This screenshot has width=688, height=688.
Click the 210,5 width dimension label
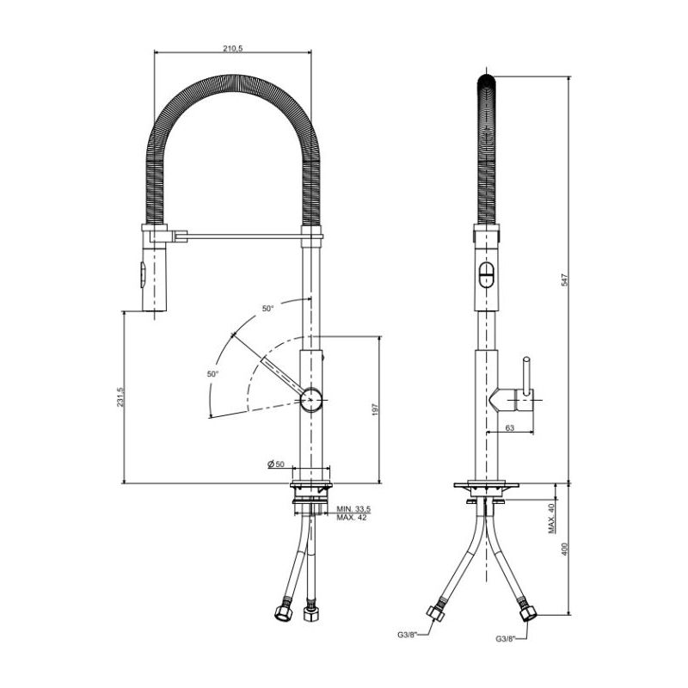tap(232, 48)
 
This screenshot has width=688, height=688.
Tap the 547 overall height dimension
tap(565, 279)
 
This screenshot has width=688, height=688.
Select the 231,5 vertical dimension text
tap(120, 396)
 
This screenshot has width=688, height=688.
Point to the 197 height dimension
tap(375, 409)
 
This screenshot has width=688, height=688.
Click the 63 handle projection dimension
tap(510, 427)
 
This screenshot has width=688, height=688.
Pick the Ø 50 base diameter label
tap(276, 464)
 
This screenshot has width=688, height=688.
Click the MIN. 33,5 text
tap(353, 509)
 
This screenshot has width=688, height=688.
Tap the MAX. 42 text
tap(352, 518)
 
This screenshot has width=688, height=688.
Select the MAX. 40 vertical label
tap(551, 519)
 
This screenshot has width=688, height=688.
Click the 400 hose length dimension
tap(565, 549)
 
